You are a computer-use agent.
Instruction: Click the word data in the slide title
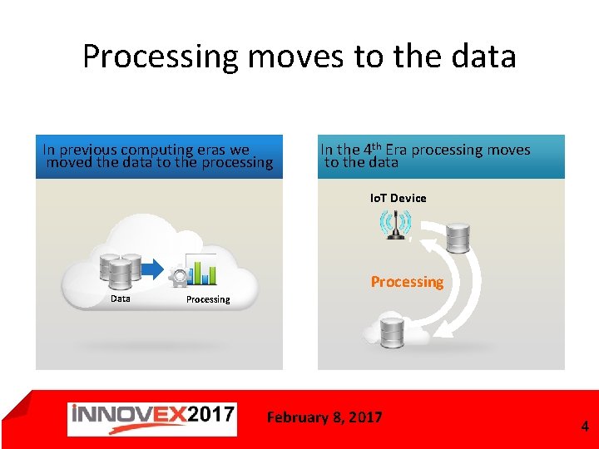point(483,57)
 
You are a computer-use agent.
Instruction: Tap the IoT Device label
point(398,198)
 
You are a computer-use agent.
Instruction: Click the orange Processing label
point(407,282)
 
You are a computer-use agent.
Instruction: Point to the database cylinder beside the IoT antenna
point(458,237)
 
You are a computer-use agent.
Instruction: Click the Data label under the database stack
point(121,298)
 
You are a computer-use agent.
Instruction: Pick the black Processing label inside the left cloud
point(208,299)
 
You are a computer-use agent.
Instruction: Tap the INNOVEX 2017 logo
point(152,418)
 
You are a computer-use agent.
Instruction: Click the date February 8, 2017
point(324,417)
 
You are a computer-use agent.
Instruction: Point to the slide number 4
point(584,427)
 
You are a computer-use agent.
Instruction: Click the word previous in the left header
point(87,150)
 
